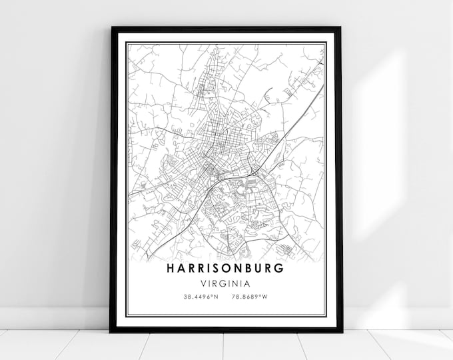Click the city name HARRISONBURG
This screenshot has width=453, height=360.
point(226,268)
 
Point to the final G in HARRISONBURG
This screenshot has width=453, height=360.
point(279,268)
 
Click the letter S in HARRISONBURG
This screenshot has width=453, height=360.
point(221,268)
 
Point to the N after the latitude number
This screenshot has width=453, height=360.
point(217,297)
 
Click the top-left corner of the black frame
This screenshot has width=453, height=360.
point(112,28)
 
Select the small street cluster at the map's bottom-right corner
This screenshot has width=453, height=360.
point(286,249)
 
